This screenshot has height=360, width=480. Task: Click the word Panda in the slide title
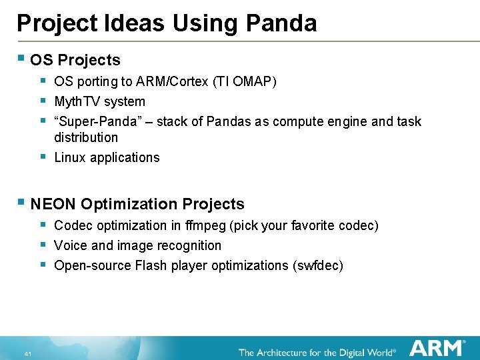pos(281,23)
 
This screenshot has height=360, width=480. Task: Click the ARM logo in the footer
pos(437,348)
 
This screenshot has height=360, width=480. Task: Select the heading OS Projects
pos(75,60)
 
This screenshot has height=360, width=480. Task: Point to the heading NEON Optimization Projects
pos(137,204)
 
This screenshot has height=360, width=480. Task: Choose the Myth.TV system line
pos(99,101)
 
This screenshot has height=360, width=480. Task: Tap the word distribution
pos(86,137)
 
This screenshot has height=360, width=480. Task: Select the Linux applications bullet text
pos(107,157)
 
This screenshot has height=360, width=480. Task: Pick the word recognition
pos(190,245)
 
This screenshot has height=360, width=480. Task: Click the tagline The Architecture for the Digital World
pos(317,351)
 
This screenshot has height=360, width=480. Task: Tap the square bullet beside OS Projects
pos(21,59)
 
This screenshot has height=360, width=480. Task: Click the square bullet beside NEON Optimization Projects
pos(21,203)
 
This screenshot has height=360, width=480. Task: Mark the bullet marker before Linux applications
pos(43,157)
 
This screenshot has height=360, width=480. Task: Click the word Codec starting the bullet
pos(71,225)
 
